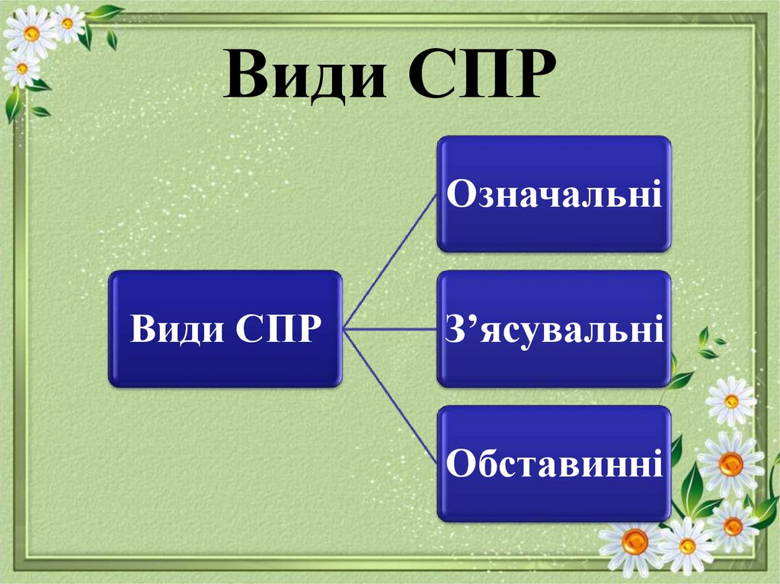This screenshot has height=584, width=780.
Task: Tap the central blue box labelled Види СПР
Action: [225, 329]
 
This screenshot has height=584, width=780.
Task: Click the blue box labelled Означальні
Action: [554, 193]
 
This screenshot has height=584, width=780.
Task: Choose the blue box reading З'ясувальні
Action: [554, 328]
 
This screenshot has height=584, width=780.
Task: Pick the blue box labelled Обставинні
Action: [554, 463]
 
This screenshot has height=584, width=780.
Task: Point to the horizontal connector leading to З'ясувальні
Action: [390, 329]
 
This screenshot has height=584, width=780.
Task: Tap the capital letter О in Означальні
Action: [459, 195]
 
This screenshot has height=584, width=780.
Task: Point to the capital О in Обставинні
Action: [459, 464]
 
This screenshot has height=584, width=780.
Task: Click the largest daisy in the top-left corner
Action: [31, 33]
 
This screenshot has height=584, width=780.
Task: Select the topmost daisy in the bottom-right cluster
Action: [730, 401]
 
